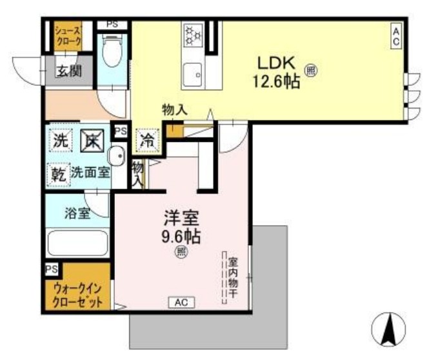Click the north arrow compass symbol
pyautogui.click(x=388, y=330)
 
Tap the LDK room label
pyautogui.click(x=277, y=63)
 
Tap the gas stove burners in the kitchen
pyautogui.click(x=193, y=35)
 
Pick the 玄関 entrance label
pyautogui.click(x=68, y=71)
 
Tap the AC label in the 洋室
pyautogui.click(x=181, y=302)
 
